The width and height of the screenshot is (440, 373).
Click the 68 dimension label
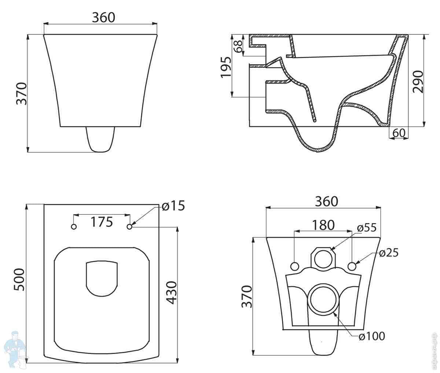239,46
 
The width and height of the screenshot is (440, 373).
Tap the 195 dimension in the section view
226,67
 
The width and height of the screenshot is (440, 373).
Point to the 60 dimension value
399,133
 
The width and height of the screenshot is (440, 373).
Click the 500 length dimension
19,280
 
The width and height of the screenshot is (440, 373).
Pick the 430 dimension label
171,293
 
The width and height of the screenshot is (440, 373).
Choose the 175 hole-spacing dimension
102,222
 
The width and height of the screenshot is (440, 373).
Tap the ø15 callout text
173,206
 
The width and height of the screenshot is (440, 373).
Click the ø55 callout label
367,228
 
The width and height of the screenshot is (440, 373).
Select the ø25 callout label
389,253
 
